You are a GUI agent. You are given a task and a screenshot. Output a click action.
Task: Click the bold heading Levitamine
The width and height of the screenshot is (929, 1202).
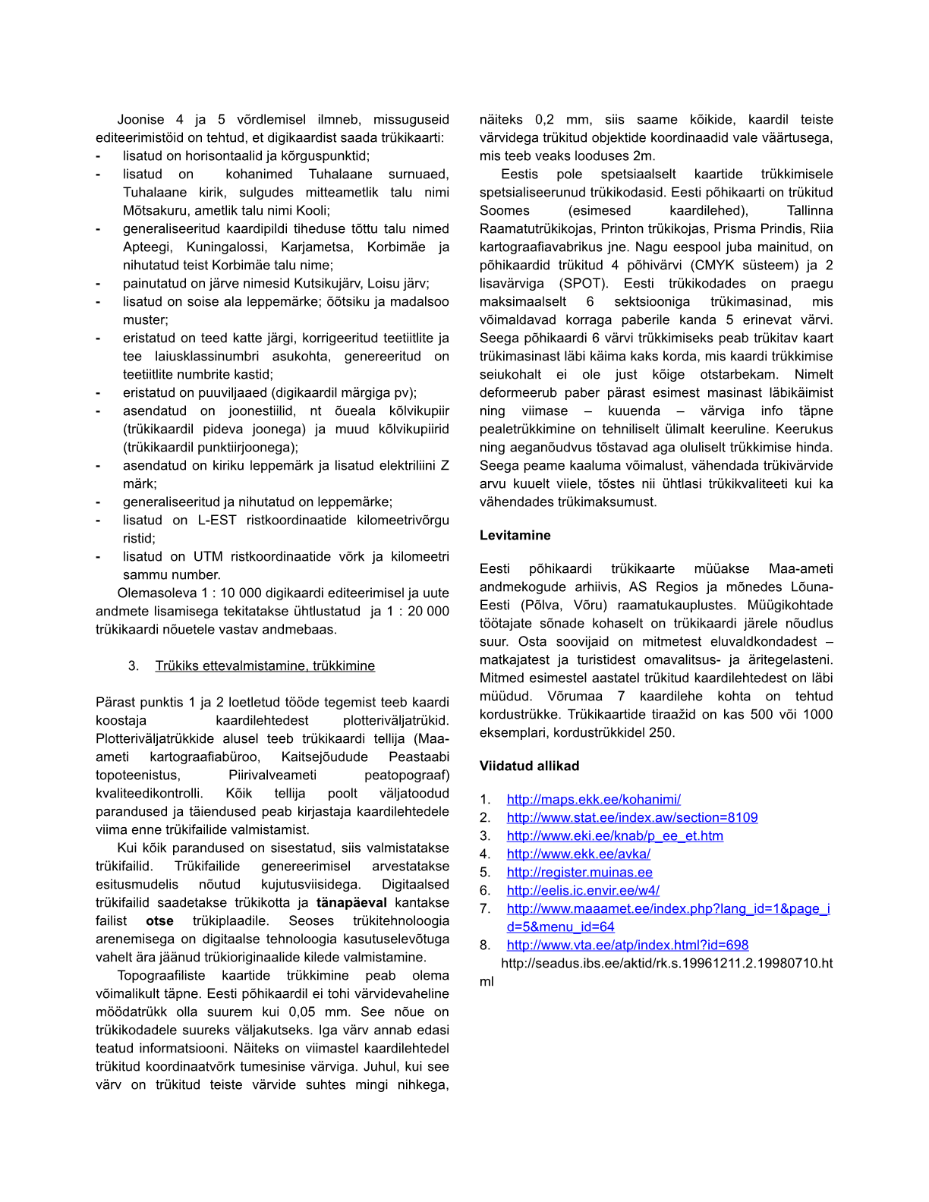point(515,535)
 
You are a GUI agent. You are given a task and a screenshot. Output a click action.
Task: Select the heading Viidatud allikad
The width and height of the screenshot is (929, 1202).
point(529,766)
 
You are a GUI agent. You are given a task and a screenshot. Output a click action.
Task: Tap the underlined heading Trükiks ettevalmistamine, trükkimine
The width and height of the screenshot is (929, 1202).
point(265,666)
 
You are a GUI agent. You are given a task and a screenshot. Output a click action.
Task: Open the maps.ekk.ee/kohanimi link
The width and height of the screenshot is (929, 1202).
point(594,799)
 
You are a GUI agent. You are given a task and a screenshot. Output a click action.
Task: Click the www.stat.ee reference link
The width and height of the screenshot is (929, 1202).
point(632,817)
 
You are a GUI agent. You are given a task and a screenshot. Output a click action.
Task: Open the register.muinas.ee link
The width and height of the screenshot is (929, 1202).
point(579,872)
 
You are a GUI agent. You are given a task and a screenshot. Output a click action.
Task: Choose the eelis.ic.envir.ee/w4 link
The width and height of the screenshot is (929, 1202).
point(583,890)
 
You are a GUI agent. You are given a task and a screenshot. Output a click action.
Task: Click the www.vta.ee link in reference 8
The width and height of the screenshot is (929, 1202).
point(628,945)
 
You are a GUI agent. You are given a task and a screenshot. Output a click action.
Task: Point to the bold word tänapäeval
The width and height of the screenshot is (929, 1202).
point(351,902)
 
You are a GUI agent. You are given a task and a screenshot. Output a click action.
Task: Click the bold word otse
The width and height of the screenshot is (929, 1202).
point(159,920)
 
